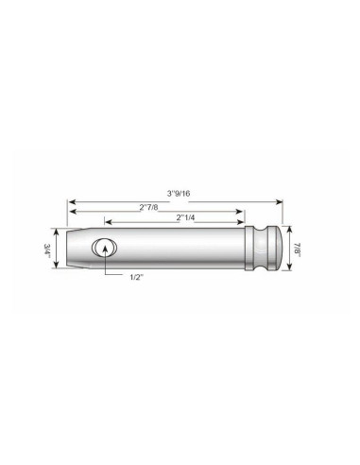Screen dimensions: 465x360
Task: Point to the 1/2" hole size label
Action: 140,277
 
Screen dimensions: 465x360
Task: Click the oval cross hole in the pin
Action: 103,249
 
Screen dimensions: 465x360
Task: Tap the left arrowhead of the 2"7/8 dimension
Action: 69,212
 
